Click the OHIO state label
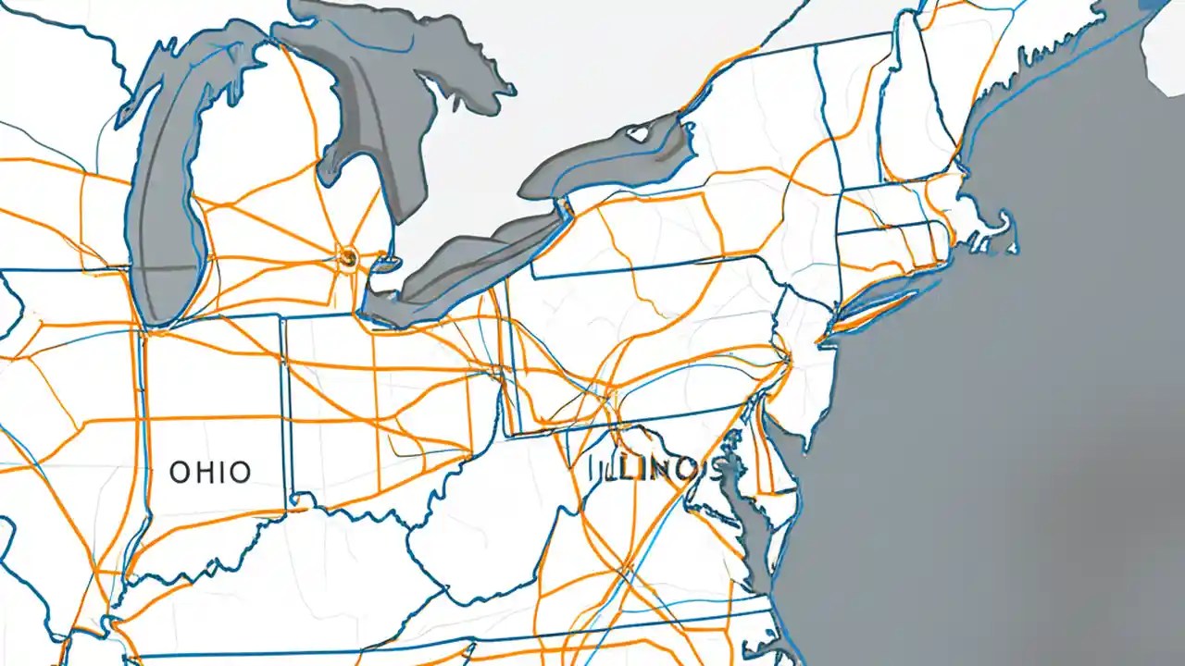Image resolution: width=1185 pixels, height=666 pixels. (210, 472)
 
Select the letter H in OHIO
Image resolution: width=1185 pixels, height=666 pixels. (206, 472)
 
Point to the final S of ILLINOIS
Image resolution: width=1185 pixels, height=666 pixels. (714, 469)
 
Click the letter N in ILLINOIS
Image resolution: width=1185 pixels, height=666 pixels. (652, 469)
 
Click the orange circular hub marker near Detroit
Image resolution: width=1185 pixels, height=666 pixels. (348, 256)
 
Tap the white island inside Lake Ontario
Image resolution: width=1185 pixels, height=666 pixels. (639, 134)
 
